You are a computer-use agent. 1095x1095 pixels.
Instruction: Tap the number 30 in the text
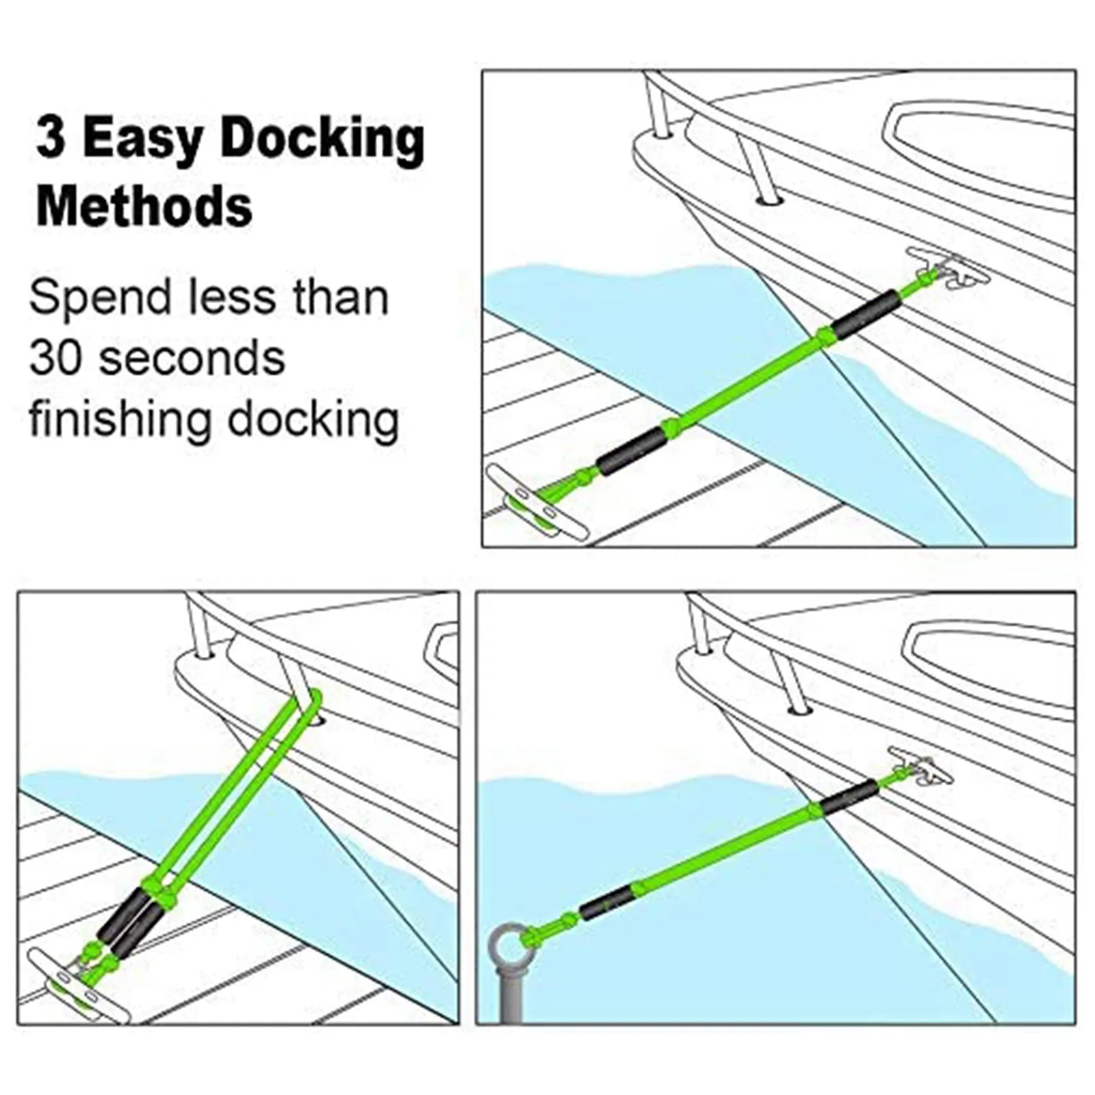pyautogui.click(x=55, y=357)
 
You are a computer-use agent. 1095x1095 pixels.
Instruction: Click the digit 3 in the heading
pyautogui.click(x=50, y=139)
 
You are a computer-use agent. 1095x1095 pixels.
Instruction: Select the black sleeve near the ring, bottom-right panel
pyautogui.click(x=606, y=903)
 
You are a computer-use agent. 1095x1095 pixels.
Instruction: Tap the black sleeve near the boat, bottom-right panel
pyautogui.click(x=849, y=796)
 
